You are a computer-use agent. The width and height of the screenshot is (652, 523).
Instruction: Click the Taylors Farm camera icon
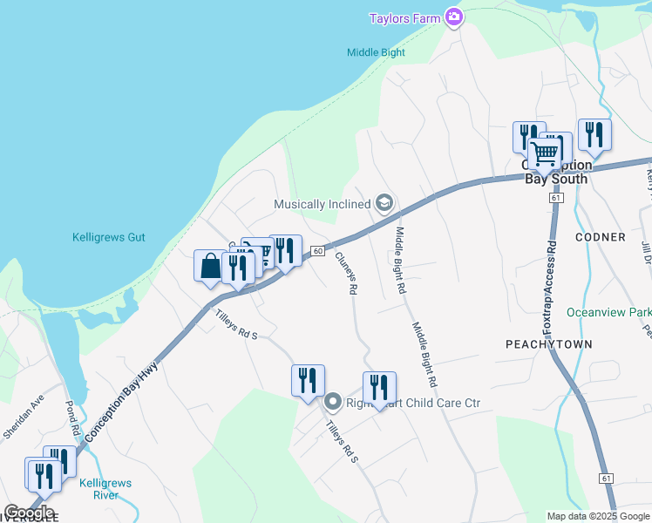(453, 17)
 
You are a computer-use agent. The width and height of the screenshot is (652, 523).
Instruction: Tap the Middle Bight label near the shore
(376, 52)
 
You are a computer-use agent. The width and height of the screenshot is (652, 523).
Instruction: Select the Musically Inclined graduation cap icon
(384, 204)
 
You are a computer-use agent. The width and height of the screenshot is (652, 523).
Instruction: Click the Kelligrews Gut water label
(108, 237)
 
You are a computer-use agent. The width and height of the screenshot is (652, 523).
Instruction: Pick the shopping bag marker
(210, 266)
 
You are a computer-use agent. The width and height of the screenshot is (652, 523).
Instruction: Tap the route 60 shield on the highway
(318, 251)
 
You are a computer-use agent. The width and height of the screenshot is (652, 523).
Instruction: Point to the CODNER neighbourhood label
(601, 237)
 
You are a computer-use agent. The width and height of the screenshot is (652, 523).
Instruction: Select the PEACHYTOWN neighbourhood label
(549, 344)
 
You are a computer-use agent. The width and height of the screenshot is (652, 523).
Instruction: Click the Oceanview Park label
(608, 312)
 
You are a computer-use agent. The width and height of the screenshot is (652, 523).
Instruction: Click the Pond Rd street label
(73, 419)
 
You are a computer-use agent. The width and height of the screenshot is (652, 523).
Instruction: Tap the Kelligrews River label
(98, 489)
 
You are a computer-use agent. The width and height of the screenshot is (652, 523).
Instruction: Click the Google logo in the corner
(30, 513)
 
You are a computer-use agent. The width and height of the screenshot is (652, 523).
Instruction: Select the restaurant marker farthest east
(594, 134)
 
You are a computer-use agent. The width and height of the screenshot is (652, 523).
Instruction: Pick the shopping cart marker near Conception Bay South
(546, 153)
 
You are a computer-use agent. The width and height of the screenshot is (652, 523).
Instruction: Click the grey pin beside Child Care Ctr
(332, 403)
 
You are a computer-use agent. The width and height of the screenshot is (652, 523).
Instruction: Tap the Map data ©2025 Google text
(598, 516)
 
